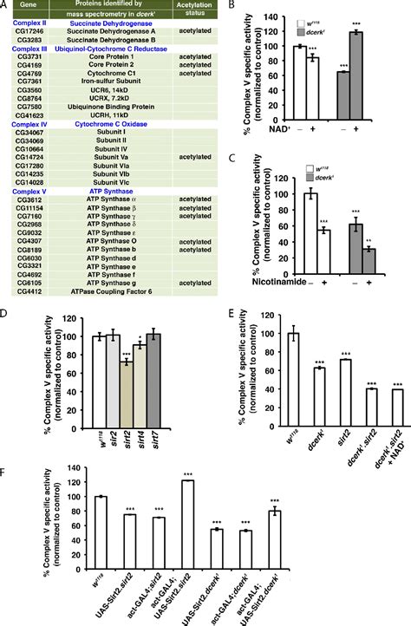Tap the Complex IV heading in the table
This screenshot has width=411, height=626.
[29, 126]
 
